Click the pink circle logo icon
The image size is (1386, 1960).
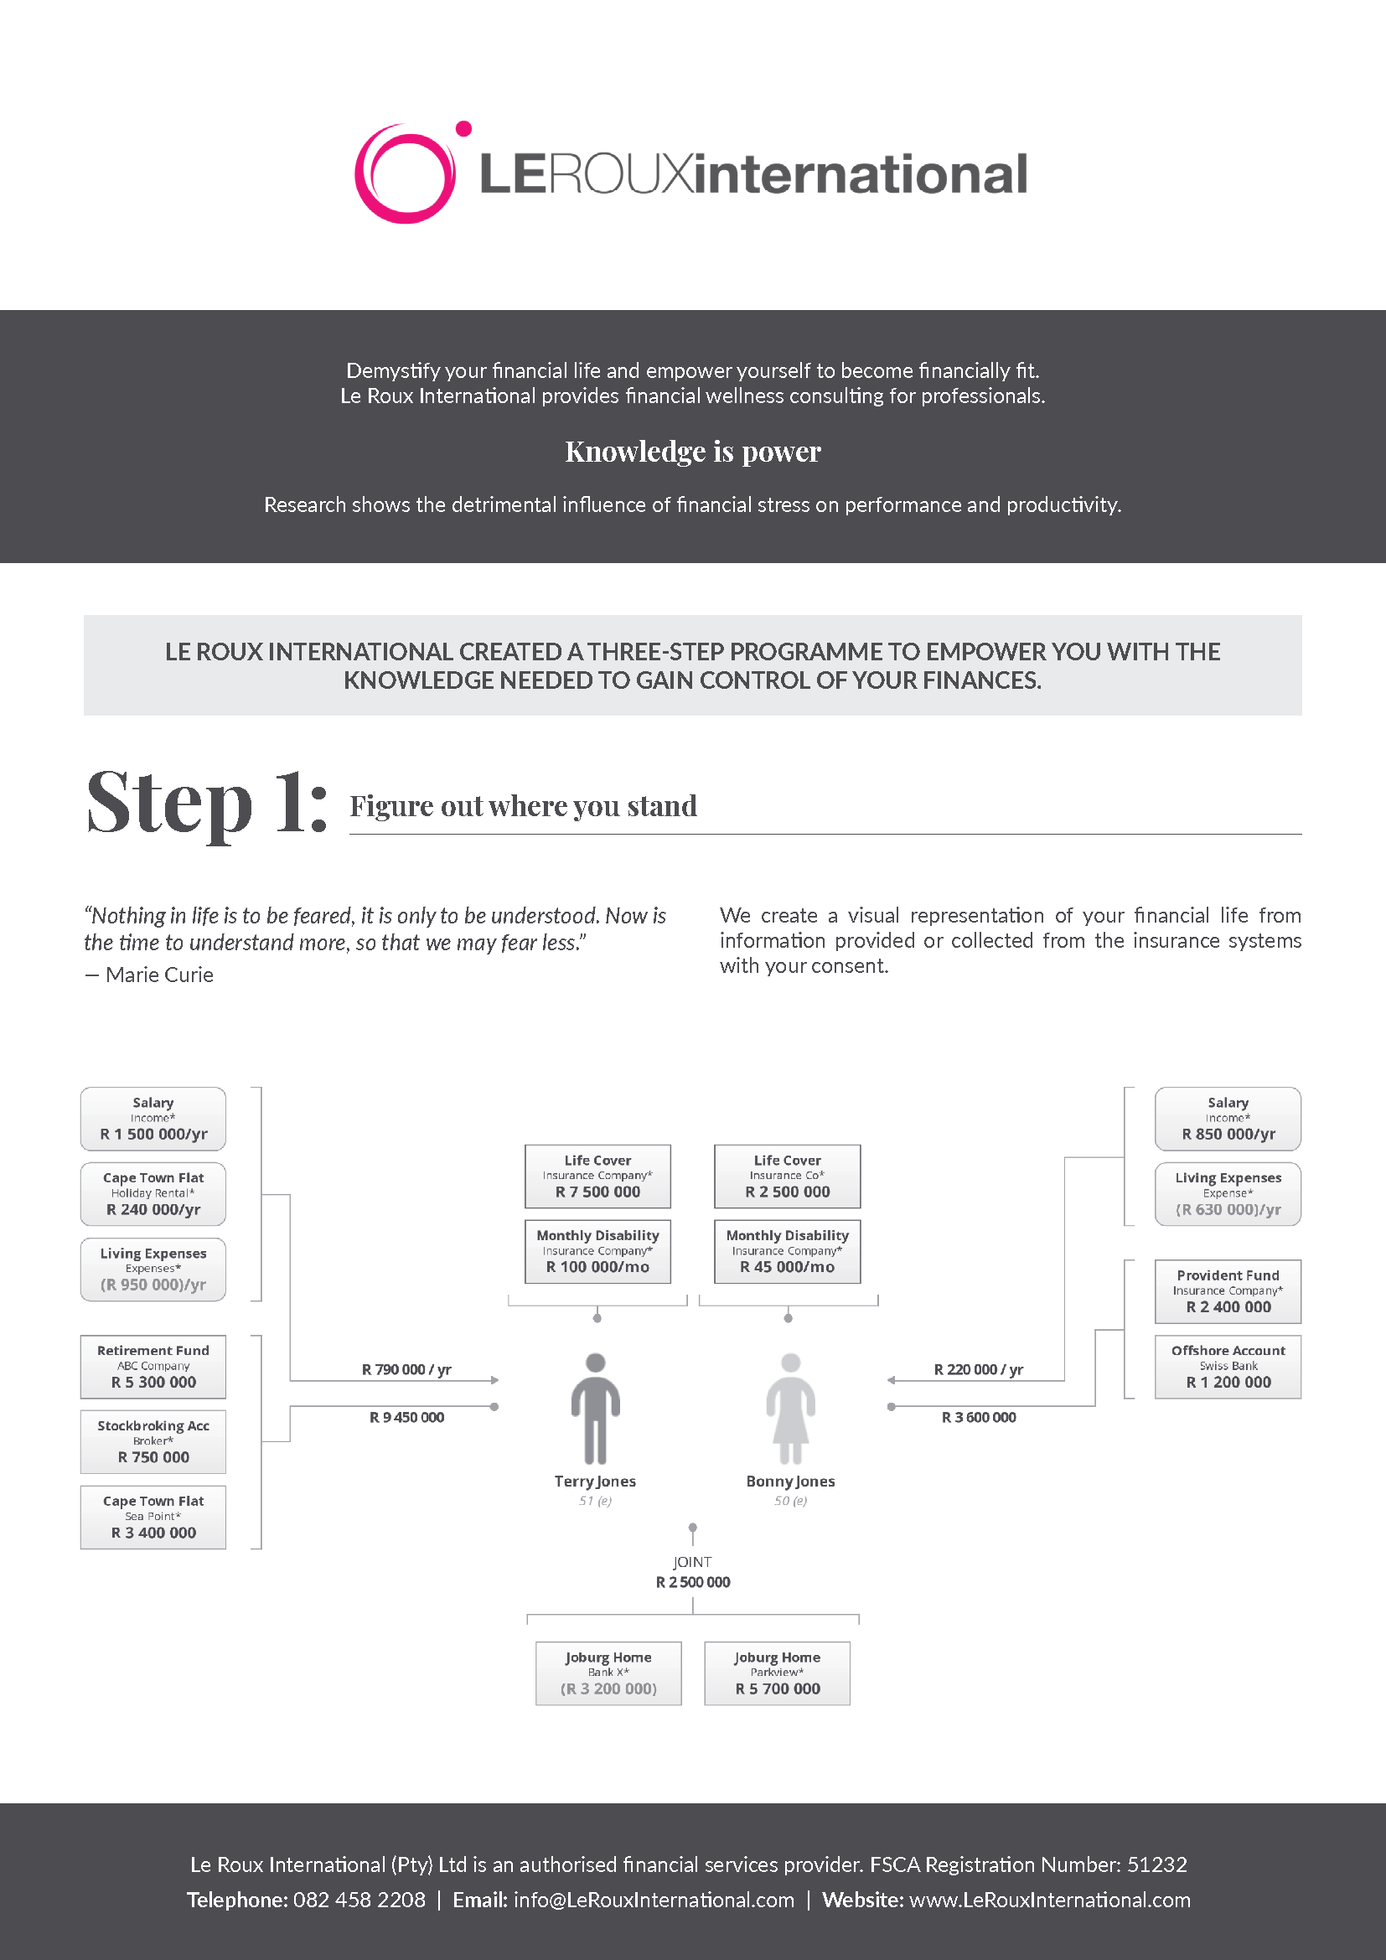tap(406, 173)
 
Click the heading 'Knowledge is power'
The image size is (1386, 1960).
tap(692, 451)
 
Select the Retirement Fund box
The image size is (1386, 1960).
tap(153, 1366)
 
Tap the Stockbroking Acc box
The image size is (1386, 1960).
tap(153, 1441)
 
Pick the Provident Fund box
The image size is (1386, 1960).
tap(1228, 1290)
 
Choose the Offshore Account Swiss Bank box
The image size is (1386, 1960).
tap(1228, 1366)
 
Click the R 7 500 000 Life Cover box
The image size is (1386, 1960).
tap(597, 1176)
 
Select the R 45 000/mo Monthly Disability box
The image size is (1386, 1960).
tap(787, 1250)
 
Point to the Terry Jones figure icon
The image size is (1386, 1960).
tap(595, 1408)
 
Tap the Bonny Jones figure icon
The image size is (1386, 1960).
tap(790, 1408)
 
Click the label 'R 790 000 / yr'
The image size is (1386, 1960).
tap(406, 1369)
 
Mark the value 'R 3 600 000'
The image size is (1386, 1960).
tap(978, 1417)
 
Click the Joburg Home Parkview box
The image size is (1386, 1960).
tap(777, 1673)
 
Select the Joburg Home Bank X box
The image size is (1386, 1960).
tap(608, 1673)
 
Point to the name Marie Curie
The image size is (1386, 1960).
tap(159, 975)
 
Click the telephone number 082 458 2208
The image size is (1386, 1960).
tap(359, 1900)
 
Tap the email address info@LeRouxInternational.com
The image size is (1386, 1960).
tap(654, 1900)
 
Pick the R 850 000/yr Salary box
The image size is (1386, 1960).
tap(1228, 1119)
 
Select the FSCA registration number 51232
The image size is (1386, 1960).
tap(1156, 1864)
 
